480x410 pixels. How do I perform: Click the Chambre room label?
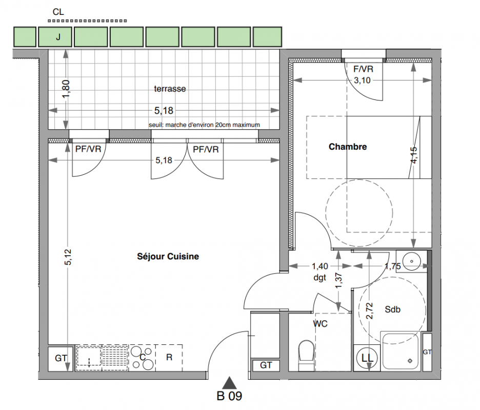click(348, 147)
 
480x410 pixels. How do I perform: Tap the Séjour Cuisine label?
click(168, 256)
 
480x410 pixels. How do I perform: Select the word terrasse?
click(170, 89)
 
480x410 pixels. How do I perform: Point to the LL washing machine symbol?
click(367, 358)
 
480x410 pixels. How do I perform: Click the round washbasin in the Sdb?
click(411, 261)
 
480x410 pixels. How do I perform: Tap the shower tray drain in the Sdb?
click(410, 361)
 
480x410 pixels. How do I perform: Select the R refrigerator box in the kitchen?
click(169, 358)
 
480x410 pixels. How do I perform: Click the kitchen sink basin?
click(89, 357)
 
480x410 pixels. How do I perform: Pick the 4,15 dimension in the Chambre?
click(413, 155)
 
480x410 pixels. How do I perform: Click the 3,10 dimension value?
click(362, 80)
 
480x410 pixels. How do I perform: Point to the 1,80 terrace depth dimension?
click(66, 89)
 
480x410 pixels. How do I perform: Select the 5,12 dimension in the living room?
click(68, 257)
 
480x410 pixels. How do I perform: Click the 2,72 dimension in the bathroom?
click(370, 311)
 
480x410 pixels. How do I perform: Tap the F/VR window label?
click(364, 69)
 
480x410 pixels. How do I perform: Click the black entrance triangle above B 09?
click(229, 383)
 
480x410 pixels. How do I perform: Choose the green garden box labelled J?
click(55, 37)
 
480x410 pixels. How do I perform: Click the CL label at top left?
click(58, 12)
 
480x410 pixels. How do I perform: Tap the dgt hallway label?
click(320, 278)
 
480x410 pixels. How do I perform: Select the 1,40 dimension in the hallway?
click(320, 266)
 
